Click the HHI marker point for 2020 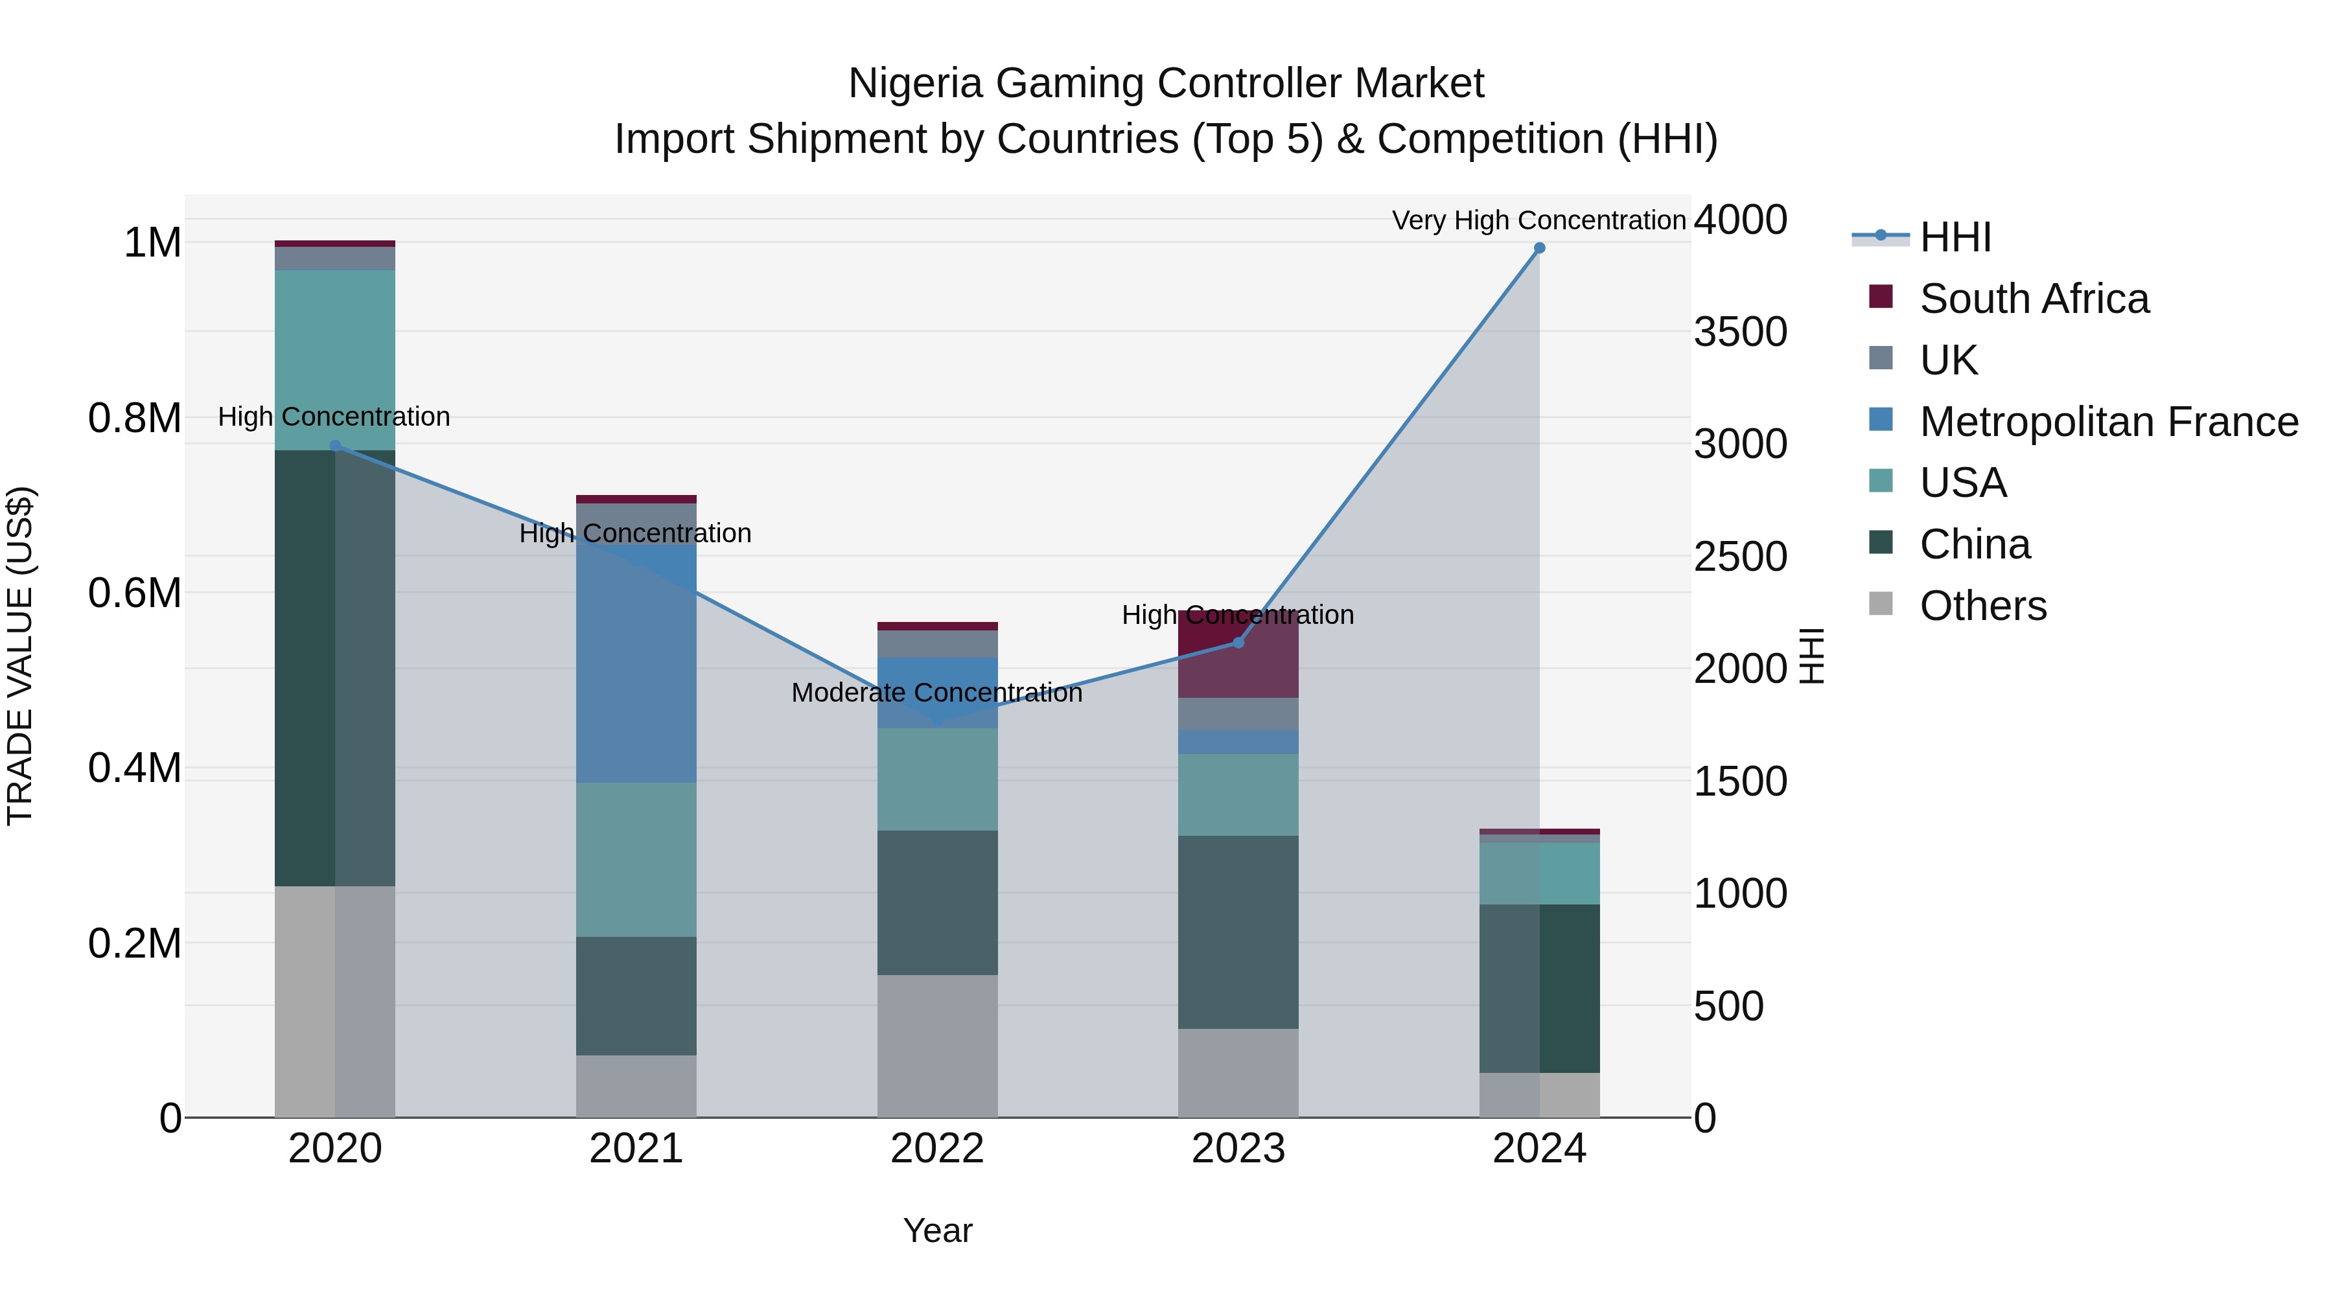click(335, 446)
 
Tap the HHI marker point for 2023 click(1238, 643)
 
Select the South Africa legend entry click(2033, 299)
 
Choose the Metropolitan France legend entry click(2108, 422)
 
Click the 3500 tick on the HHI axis click(1740, 332)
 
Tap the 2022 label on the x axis click(936, 1149)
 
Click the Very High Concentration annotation click(1538, 220)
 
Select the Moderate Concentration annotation click(936, 693)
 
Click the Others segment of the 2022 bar click(936, 1046)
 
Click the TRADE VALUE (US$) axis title click(20, 656)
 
